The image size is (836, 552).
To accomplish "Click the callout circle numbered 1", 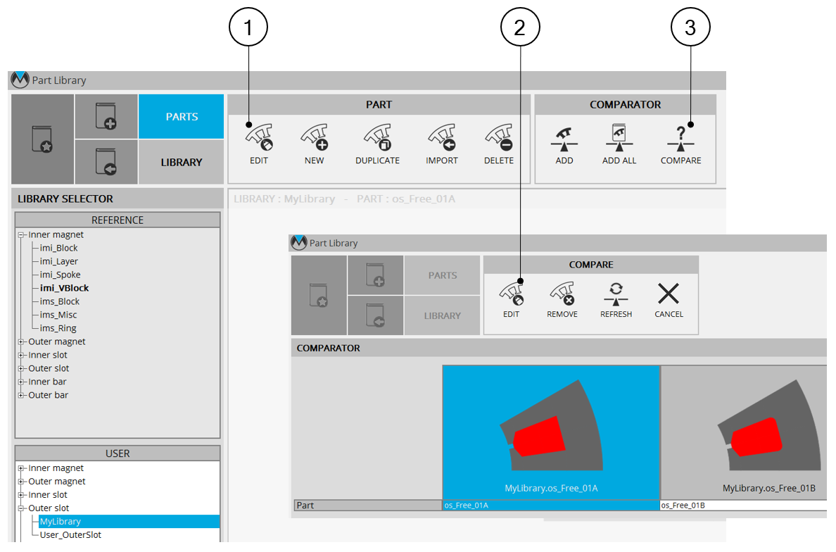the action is click(x=248, y=27).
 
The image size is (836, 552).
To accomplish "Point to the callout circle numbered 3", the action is click(x=690, y=27).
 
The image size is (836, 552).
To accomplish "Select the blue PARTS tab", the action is click(x=182, y=116).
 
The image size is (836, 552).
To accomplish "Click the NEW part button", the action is click(x=314, y=144).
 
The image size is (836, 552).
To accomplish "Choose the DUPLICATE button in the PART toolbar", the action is click(x=377, y=144).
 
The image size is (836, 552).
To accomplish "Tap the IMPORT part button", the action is click(x=441, y=144).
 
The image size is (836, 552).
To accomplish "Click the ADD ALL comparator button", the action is click(x=619, y=144).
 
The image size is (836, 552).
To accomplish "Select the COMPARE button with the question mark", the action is click(x=681, y=144).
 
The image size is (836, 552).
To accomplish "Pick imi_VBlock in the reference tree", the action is click(x=64, y=288).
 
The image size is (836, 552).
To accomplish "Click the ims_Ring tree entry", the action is click(x=58, y=328).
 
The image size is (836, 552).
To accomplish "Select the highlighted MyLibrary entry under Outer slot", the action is click(x=61, y=522).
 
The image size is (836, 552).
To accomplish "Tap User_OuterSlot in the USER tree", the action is click(x=70, y=535).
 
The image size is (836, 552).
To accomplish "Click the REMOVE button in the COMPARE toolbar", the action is click(x=562, y=300).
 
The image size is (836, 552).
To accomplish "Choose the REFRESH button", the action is click(x=616, y=300).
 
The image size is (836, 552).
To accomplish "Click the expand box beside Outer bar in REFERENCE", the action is click(x=21, y=395).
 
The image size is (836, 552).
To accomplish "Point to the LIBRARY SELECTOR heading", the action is click(x=65, y=199).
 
